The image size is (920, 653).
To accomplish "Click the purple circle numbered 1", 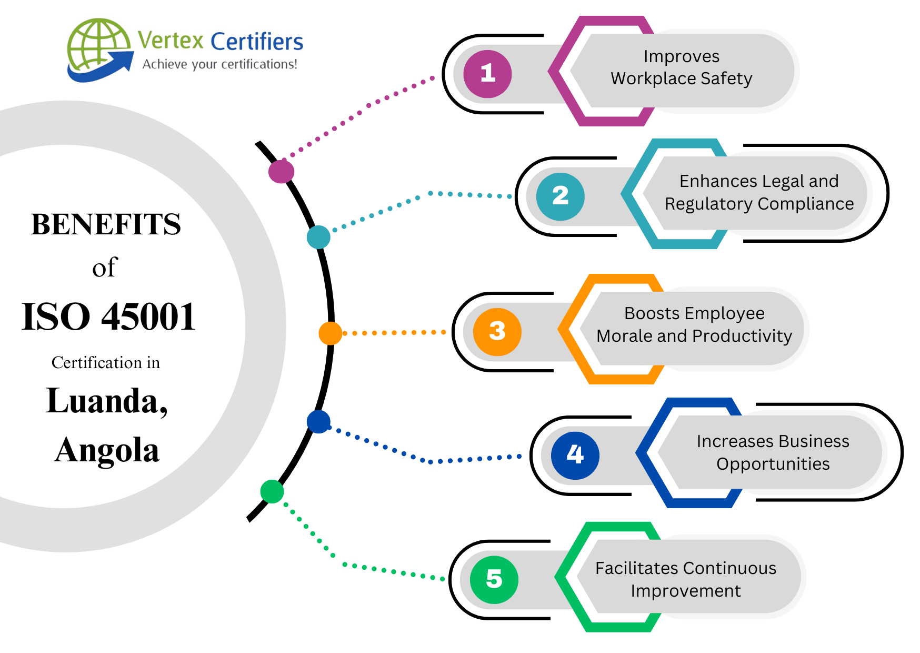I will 487,74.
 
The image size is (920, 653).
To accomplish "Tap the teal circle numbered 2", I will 560,196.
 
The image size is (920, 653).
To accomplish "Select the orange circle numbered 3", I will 497,332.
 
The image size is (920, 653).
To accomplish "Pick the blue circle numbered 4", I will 575,455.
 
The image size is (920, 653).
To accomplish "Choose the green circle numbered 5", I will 494,579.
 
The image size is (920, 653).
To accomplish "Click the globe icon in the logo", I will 98,47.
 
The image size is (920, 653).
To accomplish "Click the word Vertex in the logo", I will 171,41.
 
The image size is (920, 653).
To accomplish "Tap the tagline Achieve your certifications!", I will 219,64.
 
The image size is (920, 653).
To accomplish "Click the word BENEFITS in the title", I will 106,224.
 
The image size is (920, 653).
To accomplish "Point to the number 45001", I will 148,317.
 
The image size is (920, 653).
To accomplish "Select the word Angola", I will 107,451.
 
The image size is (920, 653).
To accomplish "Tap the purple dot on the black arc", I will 281,171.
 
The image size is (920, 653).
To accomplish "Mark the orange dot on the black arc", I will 330,333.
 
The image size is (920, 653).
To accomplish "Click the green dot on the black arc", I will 272,491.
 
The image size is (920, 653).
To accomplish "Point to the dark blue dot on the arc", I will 318,421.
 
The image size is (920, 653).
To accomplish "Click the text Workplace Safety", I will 681,78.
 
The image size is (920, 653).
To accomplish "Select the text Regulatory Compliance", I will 759,204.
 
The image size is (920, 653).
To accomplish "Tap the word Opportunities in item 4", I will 773,464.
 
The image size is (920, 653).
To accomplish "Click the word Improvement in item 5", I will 685,591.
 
